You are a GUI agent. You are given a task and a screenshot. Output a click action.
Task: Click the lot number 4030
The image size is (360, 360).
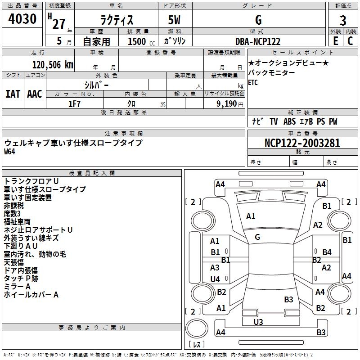[x=22, y=19]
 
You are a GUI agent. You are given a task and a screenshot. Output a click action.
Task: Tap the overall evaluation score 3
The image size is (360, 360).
[x=343, y=20]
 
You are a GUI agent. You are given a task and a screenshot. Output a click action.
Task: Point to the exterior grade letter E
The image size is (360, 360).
[x=335, y=41]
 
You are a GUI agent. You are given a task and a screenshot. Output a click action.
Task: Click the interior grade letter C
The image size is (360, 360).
[x=350, y=41]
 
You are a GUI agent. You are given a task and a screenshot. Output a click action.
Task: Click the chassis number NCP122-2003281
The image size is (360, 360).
[x=302, y=144]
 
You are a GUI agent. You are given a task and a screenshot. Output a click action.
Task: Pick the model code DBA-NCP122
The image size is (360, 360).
[x=258, y=41]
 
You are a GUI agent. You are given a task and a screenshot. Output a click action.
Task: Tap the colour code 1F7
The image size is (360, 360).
[x=74, y=104]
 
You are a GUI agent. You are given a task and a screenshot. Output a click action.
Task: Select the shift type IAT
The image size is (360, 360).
[x=13, y=94]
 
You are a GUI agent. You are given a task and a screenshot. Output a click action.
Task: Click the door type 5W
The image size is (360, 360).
[x=175, y=20]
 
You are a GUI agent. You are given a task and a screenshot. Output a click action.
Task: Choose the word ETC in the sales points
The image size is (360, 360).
[x=253, y=82]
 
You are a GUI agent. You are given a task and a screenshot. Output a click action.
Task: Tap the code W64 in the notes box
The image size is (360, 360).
[x=10, y=152]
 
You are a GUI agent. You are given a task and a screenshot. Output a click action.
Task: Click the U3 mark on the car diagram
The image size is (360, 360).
[x=258, y=321]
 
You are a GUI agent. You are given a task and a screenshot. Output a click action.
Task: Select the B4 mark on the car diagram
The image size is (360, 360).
[x=327, y=252]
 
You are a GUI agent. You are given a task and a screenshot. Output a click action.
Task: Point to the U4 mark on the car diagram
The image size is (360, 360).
[x=215, y=279]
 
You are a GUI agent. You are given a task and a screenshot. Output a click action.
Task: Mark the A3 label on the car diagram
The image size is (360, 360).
[x=215, y=267]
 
